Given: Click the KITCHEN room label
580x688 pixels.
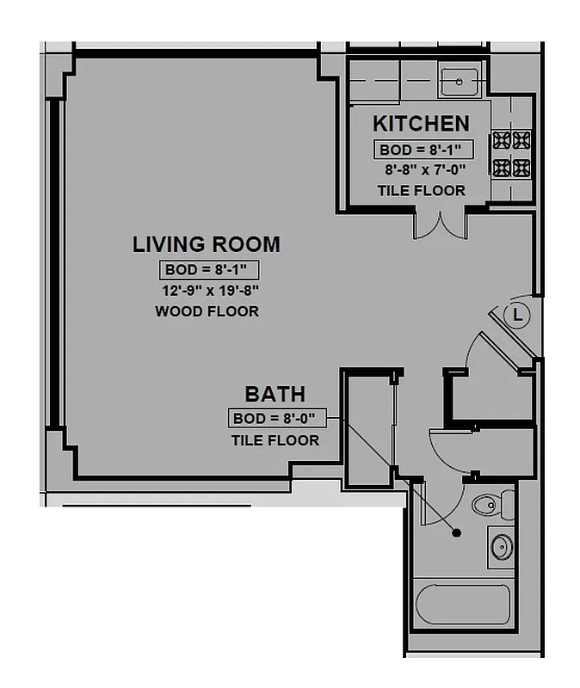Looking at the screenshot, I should (421, 124).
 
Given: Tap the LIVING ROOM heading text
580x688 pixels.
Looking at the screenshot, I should (206, 244).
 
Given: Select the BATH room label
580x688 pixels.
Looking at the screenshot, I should (275, 395).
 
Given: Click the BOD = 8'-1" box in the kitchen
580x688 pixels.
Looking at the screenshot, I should (421, 150).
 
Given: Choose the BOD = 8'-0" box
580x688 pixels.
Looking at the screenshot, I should (275, 419).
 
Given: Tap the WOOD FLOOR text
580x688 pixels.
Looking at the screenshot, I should (207, 311).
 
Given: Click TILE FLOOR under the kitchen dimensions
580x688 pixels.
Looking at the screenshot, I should (421, 191).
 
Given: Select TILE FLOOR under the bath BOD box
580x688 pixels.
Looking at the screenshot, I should (275, 440).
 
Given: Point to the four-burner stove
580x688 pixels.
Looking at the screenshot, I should (511, 153).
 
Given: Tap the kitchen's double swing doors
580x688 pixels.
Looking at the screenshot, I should (440, 224).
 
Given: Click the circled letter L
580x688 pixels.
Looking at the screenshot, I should (517, 316).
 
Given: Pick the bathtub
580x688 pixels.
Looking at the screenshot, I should (463, 605).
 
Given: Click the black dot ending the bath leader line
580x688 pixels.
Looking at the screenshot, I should (456, 533).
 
